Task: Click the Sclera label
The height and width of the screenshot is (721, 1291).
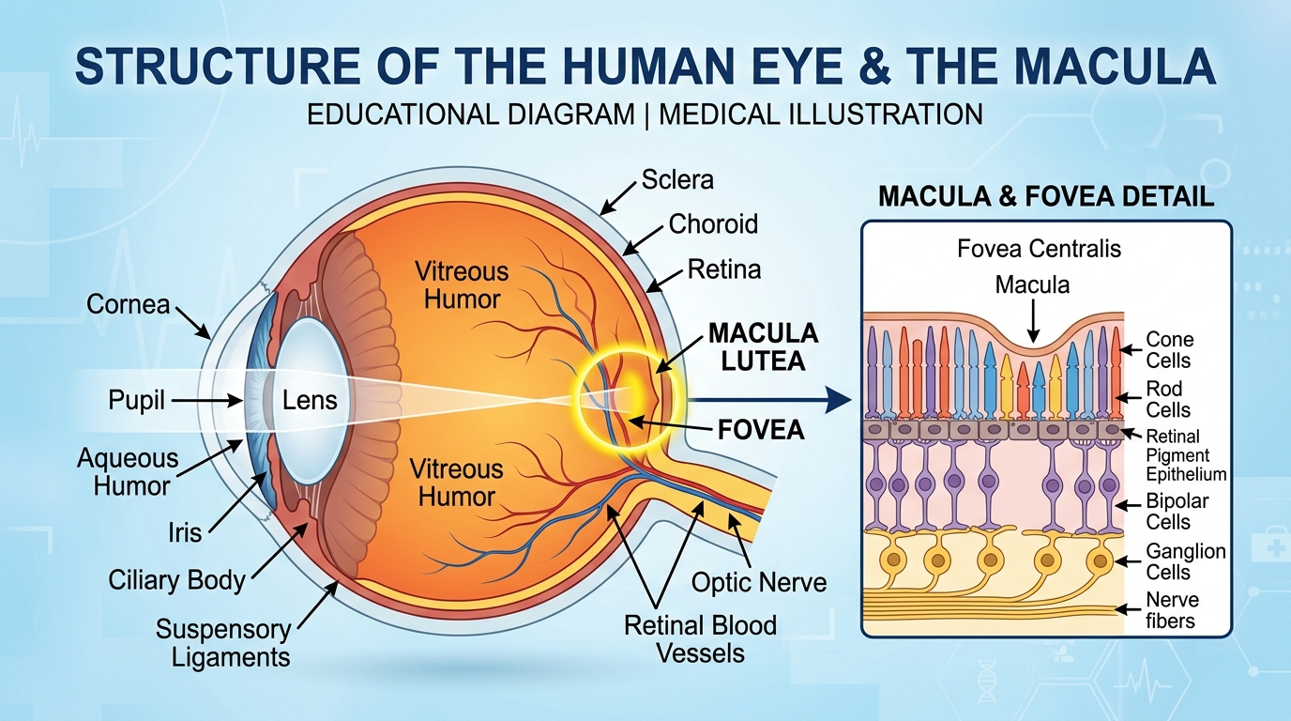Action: pyautogui.click(x=677, y=179)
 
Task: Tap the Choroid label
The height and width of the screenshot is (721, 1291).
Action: pyautogui.click(x=713, y=224)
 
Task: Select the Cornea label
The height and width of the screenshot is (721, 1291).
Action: pyautogui.click(x=129, y=304)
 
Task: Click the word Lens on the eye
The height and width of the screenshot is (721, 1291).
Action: pyautogui.click(x=310, y=400)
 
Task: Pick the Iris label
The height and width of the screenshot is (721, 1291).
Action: pyautogui.click(x=185, y=532)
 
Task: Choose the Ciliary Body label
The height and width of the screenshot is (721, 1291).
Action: pyautogui.click(x=176, y=579)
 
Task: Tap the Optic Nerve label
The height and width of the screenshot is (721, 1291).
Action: pyautogui.click(x=759, y=582)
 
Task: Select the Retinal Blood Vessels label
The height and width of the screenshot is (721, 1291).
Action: pyautogui.click(x=701, y=637)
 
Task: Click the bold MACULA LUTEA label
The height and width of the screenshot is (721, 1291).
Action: pyautogui.click(x=763, y=346)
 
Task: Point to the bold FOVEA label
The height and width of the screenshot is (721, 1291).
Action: pyautogui.click(x=761, y=430)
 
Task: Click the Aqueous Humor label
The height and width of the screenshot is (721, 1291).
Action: pyautogui.click(x=128, y=472)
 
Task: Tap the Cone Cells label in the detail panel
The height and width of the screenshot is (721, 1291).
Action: pyautogui.click(x=1169, y=350)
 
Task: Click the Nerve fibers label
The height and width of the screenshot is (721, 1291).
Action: pyautogui.click(x=1172, y=610)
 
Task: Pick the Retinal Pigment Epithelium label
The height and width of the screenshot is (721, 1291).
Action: pyautogui.click(x=1186, y=455)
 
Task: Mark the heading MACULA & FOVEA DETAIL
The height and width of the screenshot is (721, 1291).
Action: pyautogui.click(x=1045, y=197)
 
